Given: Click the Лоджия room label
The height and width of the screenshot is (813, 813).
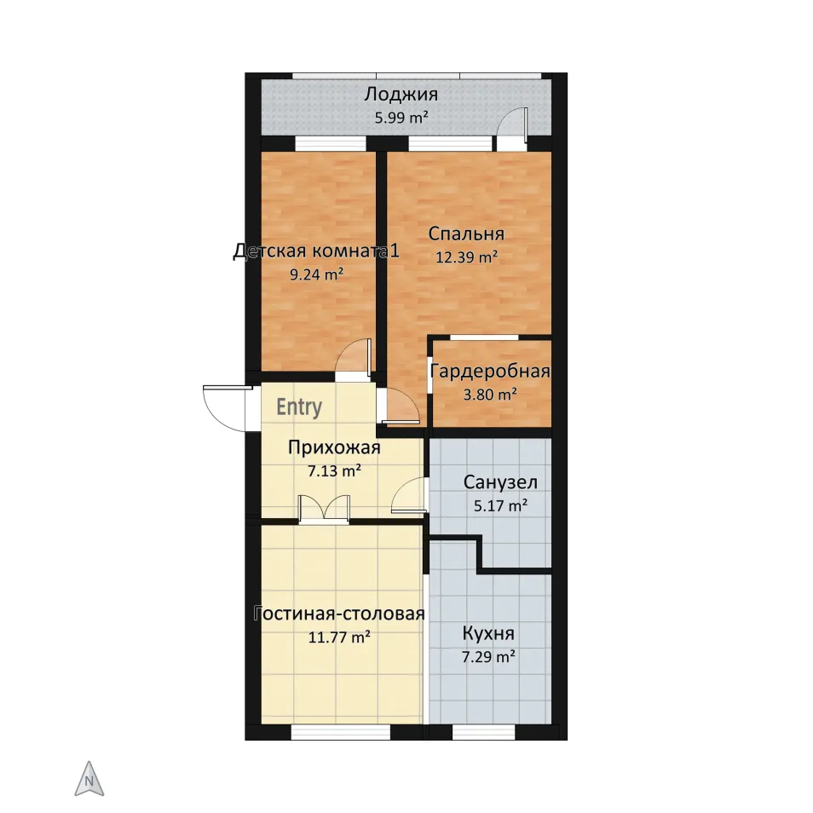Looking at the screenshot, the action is [x=401, y=95].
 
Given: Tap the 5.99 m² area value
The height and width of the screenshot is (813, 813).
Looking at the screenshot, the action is [x=401, y=118].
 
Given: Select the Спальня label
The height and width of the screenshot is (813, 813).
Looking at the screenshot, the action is [x=466, y=234].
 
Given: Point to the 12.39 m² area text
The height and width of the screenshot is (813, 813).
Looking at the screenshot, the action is [x=467, y=257].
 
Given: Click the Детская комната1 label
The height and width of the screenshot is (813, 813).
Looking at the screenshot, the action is [x=316, y=251].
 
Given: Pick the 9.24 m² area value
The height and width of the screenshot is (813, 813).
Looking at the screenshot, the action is [x=316, y=274].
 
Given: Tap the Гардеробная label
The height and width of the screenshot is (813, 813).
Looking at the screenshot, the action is [x=490, y=372].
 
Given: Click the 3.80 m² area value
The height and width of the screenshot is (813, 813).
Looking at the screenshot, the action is [x=490, y=395].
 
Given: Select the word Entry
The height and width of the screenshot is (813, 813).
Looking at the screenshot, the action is [x=299, y=407].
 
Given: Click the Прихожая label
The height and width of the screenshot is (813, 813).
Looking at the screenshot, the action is [x=334, y=447].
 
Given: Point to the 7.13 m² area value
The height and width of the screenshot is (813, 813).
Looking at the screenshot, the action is [x=334, y=471].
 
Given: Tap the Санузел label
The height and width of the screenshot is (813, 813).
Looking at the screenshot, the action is [x=500, y=482].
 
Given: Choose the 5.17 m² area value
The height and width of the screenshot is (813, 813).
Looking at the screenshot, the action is [x=501, y=505].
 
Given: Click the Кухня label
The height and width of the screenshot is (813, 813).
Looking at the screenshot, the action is [x=488, y=633].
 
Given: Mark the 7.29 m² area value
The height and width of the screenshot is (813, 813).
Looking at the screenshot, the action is [x=488, y=657].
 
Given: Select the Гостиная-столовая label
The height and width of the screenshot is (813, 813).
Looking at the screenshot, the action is [x=340, y=614].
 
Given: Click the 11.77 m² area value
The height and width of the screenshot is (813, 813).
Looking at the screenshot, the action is [x=340, y=637].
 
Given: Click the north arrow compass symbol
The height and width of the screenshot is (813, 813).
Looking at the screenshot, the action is [x=89, y=779].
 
